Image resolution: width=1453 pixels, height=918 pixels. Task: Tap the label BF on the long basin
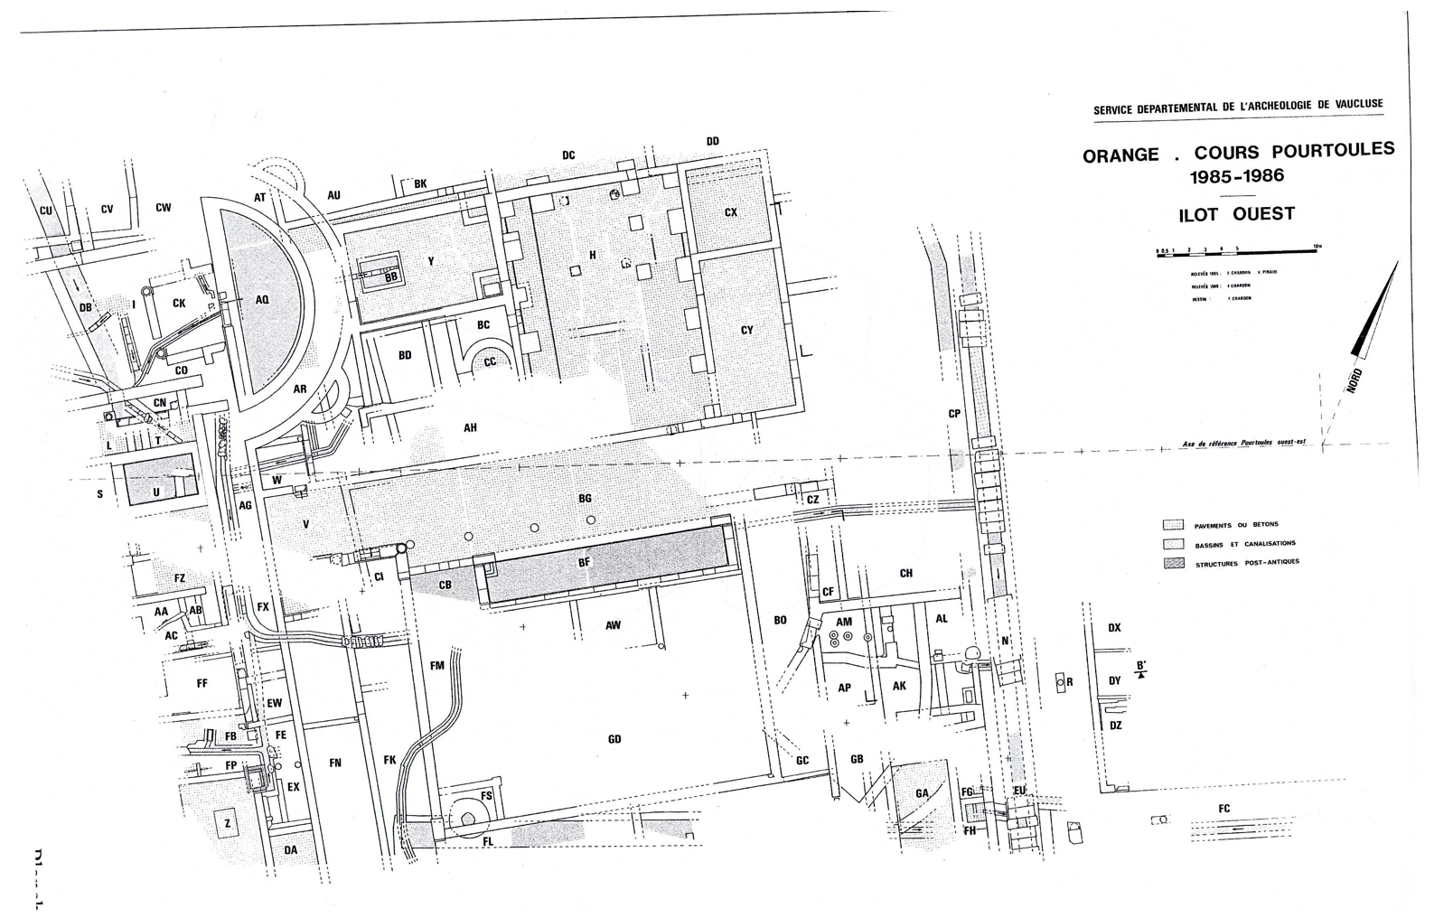tap(584, 562)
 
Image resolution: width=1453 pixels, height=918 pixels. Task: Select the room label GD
tap(614, 739)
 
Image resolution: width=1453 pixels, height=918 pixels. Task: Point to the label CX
tap(731, 212)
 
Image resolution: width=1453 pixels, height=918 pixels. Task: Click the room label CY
tap(746, 330)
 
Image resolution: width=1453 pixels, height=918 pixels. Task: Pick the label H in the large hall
tap(593, 255)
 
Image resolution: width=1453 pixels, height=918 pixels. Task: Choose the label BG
tap(585, 499)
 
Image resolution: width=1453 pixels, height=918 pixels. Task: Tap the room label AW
tap(613, 625)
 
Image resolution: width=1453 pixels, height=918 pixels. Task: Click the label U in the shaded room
tap(156, 492)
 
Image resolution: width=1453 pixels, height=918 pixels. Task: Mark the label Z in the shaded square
tap(228, 823)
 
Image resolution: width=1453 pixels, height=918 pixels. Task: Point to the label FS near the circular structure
tap(486, 796)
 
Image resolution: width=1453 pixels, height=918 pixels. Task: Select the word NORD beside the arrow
tap(1354, 379)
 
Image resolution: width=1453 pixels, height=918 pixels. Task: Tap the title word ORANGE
tap(1120, 155)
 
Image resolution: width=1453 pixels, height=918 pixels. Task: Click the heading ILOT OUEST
tap(1236, 215)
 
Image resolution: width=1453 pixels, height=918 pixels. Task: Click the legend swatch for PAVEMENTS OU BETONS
tap(1173, 524)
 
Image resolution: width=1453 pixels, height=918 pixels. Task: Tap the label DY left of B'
tap(1114, 681)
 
